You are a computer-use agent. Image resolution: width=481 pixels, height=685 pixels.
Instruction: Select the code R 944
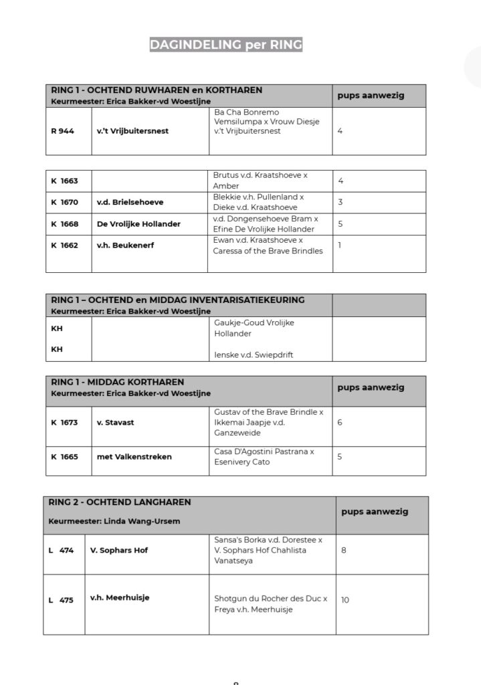point(62,131)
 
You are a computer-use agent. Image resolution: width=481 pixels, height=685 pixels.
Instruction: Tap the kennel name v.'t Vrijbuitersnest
point(132,131)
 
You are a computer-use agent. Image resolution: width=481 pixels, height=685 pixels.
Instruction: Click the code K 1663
point(64,181)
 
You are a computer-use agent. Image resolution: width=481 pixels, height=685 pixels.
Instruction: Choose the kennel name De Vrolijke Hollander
point(138,223)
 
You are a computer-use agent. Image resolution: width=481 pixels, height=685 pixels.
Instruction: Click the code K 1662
point(64,245)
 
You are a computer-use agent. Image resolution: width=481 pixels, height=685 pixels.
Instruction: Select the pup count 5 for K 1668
point(341,223)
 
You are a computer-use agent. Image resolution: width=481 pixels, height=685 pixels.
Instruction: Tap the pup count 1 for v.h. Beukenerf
point(340,245)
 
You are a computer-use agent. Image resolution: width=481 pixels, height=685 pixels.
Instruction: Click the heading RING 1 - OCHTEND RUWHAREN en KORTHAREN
point(157,90)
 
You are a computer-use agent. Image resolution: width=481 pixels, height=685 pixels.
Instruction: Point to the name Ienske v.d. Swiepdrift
point(253,355)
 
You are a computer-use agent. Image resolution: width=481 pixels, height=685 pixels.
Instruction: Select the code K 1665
point(64,457)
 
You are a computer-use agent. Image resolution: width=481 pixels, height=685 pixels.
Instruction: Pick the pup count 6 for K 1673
point(341,423)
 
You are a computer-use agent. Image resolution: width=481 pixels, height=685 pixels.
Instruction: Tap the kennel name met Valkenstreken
point(134,457)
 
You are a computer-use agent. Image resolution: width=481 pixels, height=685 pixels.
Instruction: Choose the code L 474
point(61,551)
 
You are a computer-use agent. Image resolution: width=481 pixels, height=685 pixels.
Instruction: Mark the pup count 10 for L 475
point(345,600)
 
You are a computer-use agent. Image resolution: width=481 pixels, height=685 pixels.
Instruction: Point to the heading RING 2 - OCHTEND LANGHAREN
point(120,502)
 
